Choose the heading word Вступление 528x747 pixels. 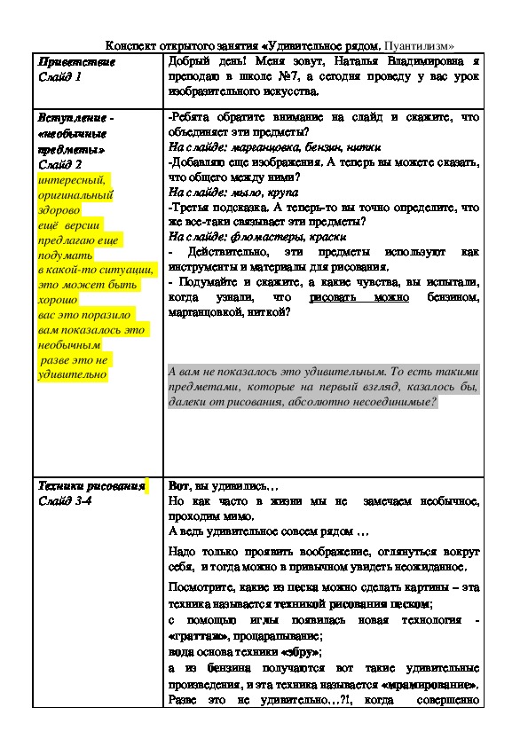(x=73, y=117)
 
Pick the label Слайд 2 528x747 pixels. (x=60, y=164)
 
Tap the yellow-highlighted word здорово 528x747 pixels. (x=59, y=210)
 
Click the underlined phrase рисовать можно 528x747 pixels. (x=359, y=297)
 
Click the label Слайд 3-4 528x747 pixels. (x=68, y=501)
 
